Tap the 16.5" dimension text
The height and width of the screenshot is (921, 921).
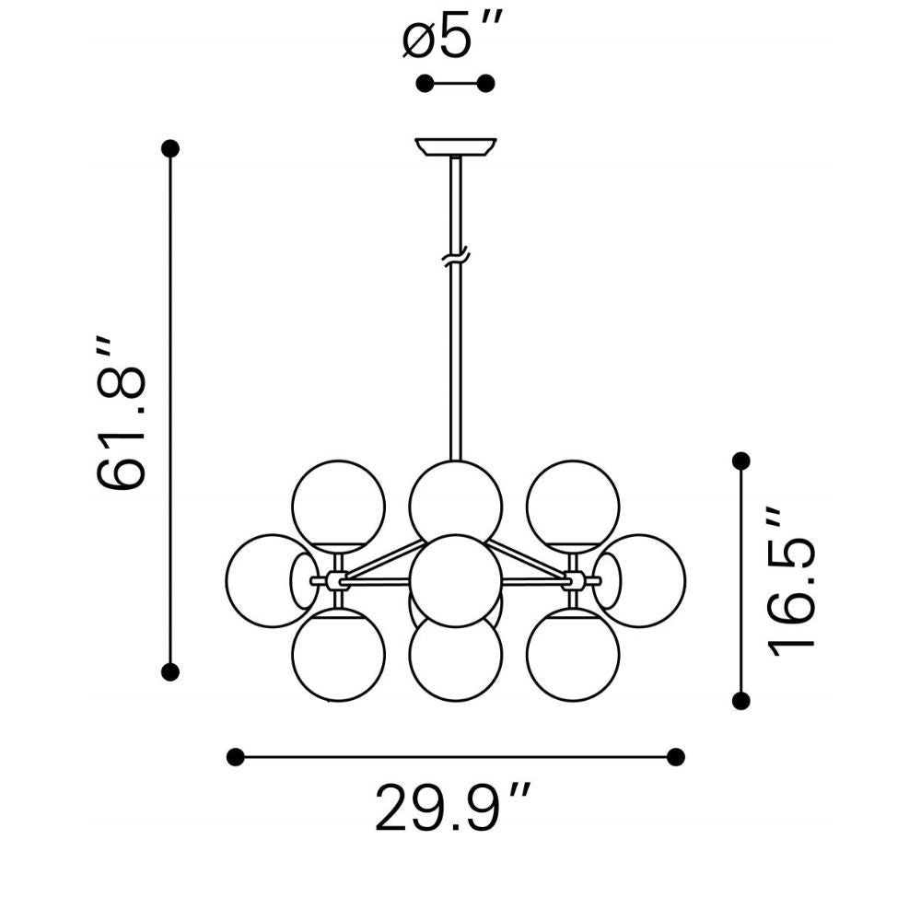pos(791,581)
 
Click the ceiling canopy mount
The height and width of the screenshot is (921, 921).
pos(456,147)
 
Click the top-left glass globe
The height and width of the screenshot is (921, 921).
pos(338,506)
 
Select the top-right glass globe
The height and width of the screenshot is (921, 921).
pos(573,506)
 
